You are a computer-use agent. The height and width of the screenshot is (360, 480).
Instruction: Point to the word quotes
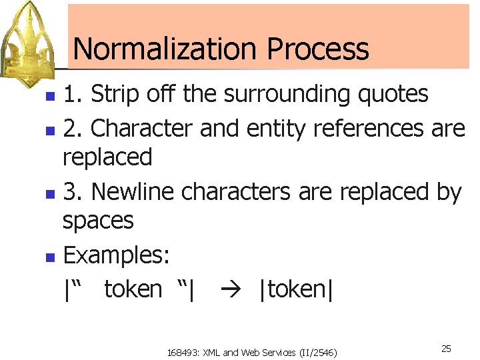pyautogui.click(x=393, y=95)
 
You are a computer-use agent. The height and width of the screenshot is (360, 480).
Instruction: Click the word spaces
pyautogui.click(x=98, y=221)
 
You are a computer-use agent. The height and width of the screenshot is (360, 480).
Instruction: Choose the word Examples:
pyautogui.click(x=117, y=255)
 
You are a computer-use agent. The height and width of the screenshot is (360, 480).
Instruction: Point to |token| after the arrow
pyautogui.click(x=296, y=289)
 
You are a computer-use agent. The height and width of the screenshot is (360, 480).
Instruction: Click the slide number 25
pyautogui.click(x=446, y=349)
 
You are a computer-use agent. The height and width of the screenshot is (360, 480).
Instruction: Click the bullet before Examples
pyautogui.click(x=49, y=256)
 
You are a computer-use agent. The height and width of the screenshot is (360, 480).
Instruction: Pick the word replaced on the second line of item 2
pyautogui.click(x=107, y=157)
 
